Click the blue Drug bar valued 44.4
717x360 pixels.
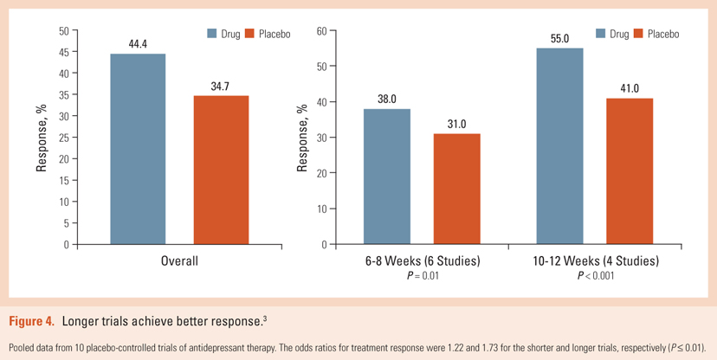tap(138, 149)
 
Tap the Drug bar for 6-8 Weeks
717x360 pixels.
tap(387, 177)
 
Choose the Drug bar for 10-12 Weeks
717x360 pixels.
tap(559, 146)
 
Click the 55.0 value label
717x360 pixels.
tap(559, 40)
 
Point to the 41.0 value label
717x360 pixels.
tap(630, 89)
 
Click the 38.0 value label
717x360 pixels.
tap(387, 100)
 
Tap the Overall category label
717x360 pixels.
tap(179, 261)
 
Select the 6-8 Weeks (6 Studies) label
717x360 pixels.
tap(423, 261)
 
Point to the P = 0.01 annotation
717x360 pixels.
tap(423, 276)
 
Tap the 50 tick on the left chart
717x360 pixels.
tap(63, 31)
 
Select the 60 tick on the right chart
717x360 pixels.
tap(320, 32)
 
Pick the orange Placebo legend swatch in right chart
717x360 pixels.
tap(640, 34)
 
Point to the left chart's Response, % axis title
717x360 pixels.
tap(41, 138)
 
